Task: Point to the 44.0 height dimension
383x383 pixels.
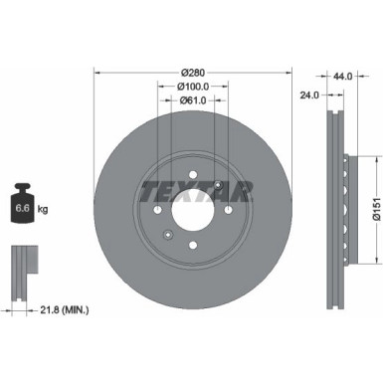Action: pyautogui.click(x=344, y=76)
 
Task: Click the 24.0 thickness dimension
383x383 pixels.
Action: pyautogui.click(x=308, y=96)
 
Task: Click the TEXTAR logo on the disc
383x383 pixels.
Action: pyautogui.click(x=194, y=189)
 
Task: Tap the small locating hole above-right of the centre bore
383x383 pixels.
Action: pyautogui.click(x=218, y=185)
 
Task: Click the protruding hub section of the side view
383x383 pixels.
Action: pyautogui.click(x=344, y=210)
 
